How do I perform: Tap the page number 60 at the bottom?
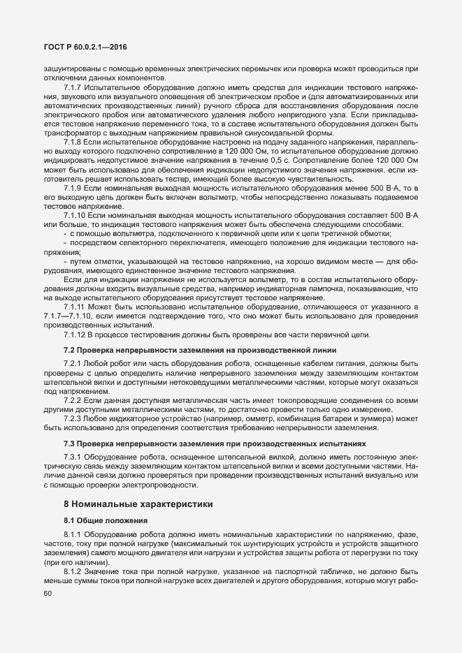pos(48,594)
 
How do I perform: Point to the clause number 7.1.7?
pos(73,87)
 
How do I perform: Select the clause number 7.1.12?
pos(75,335)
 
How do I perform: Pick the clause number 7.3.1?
pos(73,457)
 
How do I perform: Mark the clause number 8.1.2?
pos(73,571)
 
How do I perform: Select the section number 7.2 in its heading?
pos(69,349)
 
